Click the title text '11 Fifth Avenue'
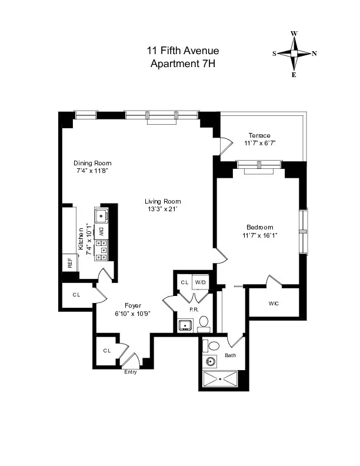tap(182, 51)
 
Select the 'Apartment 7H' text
tap(182, 63)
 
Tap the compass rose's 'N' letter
tap(314, 54)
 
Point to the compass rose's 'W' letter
tap(294, 34)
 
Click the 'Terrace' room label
tap(259, 135)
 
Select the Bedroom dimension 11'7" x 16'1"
tap(260, 235)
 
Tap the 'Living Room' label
tap(162, 201)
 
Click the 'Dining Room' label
tap(92, 164)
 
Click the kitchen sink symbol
tap(101, 214)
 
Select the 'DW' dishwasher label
tap(101, 231)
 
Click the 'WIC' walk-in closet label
tap(273, 304)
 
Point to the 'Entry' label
tap(130, 372)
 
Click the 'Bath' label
tap(229, 355)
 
